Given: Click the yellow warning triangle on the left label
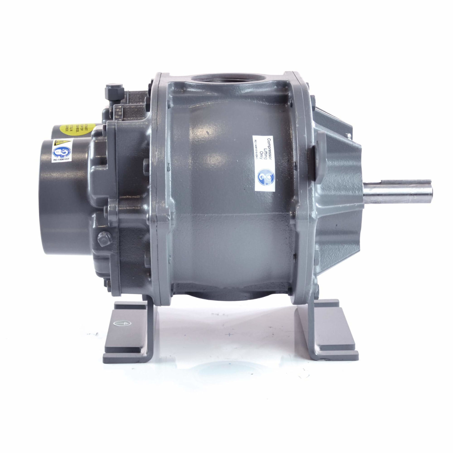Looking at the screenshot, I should tap(58, 144).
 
